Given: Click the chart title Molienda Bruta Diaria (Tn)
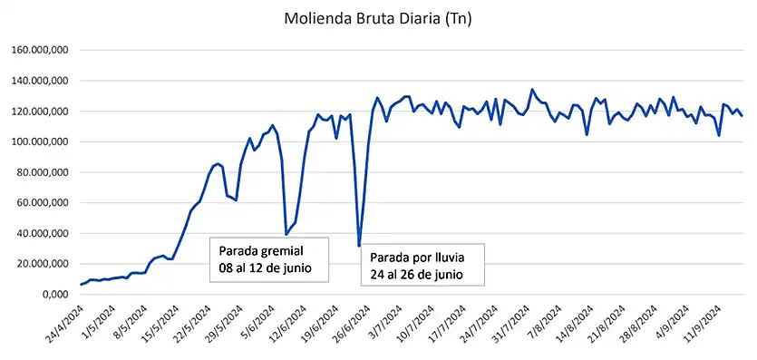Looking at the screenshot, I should pos(377,18).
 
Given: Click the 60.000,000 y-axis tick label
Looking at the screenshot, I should pos(40,203).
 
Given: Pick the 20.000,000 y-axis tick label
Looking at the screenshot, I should pos(40,264).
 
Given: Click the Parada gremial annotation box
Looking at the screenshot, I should pos(268,259).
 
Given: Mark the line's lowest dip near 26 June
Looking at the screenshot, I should pos(359,246).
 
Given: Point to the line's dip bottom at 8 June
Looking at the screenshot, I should pos(286,234).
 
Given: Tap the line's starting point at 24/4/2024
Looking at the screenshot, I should pos(81,285).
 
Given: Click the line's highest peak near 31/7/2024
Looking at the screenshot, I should pos(532,90).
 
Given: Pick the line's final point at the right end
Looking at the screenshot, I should pos(742,115).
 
